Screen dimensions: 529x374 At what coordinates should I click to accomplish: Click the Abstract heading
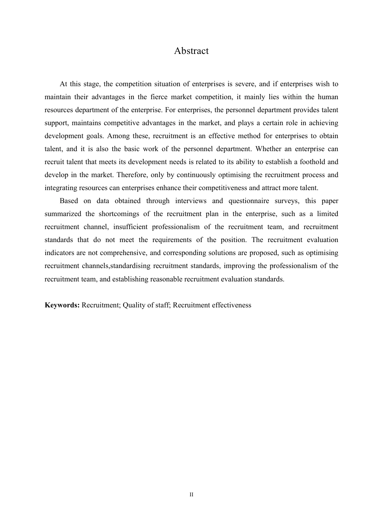[191, 51]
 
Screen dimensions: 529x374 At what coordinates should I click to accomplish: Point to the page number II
[191, 494]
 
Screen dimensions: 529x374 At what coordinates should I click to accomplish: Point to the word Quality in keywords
[134, 305]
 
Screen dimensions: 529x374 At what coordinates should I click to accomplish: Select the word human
[328, 97]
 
